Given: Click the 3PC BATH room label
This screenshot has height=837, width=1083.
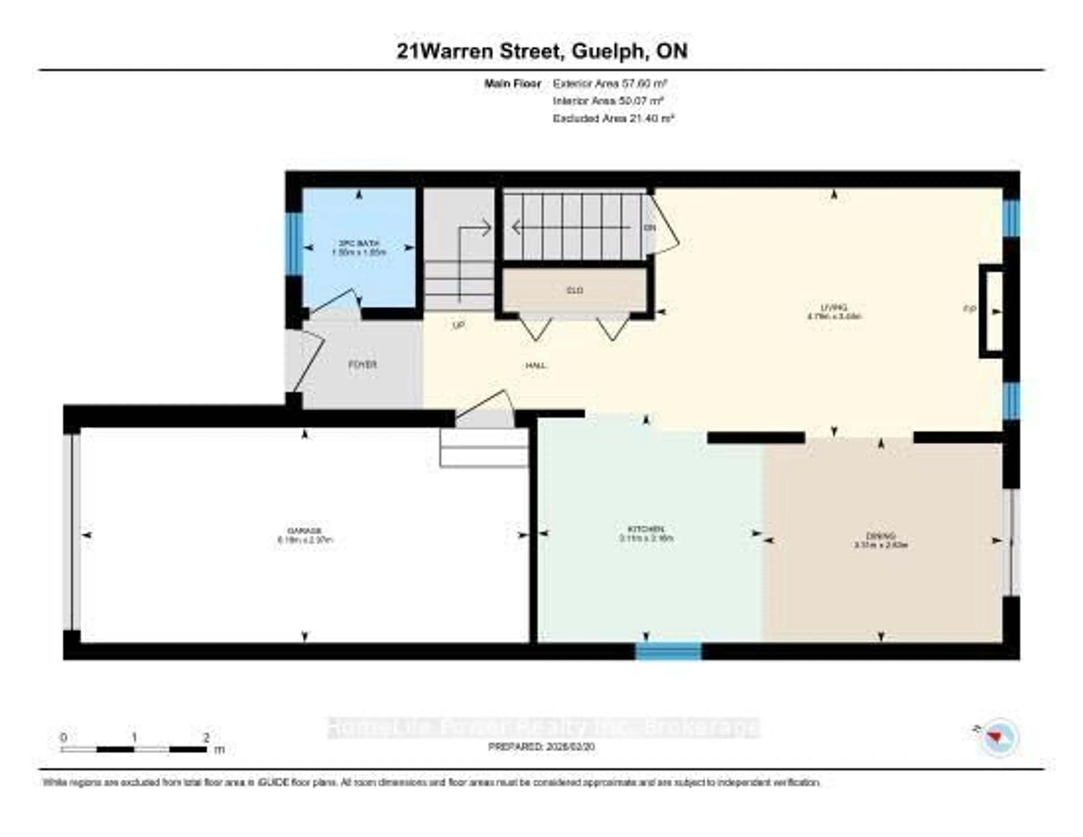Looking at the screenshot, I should click(358, 244).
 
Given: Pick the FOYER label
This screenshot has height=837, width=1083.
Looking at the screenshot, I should click(362, 365).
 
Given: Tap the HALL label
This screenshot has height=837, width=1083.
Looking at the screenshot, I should click(536, 366).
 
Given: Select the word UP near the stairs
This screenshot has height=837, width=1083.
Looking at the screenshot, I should click(458, 326).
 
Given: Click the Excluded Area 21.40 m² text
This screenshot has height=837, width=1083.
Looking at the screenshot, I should click(613, 118).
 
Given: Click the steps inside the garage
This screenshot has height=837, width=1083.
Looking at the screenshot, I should click(483, 448).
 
